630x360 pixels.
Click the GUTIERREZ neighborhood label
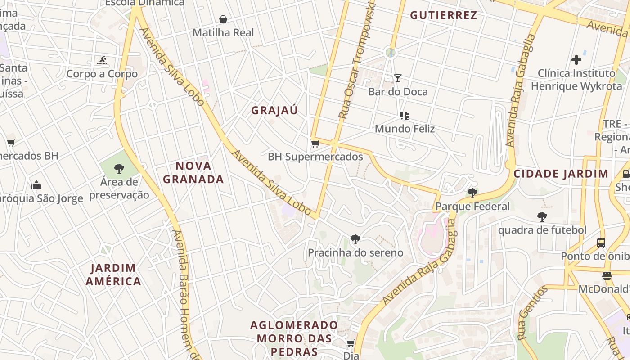(443, 15)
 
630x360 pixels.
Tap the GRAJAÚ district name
(274, 111)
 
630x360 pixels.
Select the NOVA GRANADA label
(193, 173)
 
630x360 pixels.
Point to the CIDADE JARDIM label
(561, 174)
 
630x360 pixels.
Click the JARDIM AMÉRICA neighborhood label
(113, 275)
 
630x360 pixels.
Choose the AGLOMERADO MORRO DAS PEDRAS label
(294, 338)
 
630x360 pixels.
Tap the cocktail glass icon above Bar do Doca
(398, 78)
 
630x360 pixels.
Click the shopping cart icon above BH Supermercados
(315, 144)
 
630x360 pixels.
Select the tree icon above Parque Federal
(472, 193)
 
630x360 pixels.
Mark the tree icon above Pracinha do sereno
(355, 239)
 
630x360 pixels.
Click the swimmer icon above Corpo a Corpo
(102, 60)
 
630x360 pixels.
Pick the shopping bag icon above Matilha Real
(223, 19)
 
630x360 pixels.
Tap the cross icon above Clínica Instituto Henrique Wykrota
(576, 59)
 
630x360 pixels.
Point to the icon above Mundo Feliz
(405, 116)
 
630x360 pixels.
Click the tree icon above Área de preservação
(119, 169)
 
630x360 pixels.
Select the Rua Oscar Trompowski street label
(357, 61)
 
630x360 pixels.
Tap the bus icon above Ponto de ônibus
(601, 243)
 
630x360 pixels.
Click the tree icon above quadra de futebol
(542, 216)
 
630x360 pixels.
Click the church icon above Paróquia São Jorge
(36, 185)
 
